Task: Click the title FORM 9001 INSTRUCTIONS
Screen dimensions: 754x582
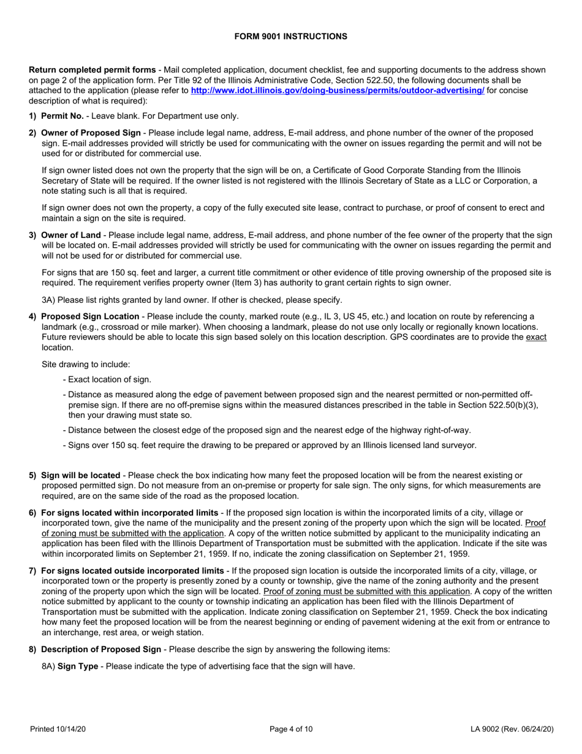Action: pos(291,36)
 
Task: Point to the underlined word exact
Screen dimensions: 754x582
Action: pos(536,338)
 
